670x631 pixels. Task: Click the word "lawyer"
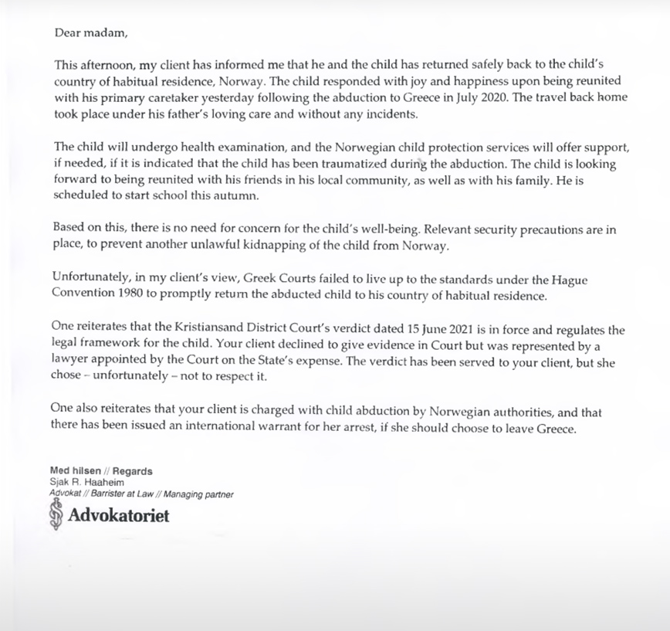71,363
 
